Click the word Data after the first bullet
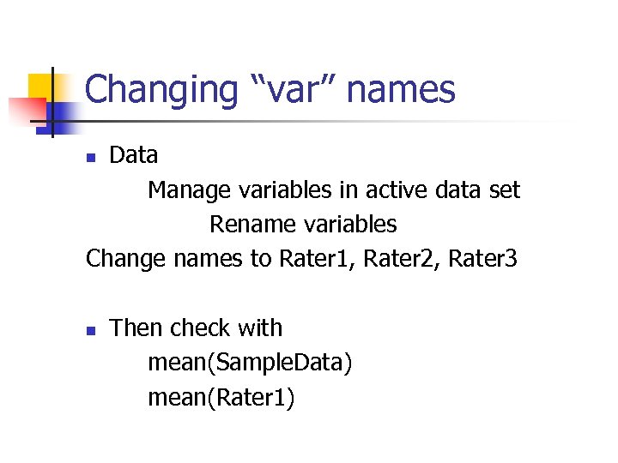134,155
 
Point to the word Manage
184,189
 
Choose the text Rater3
483,259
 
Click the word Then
137,328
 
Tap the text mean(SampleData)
250,364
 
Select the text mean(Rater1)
221,398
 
